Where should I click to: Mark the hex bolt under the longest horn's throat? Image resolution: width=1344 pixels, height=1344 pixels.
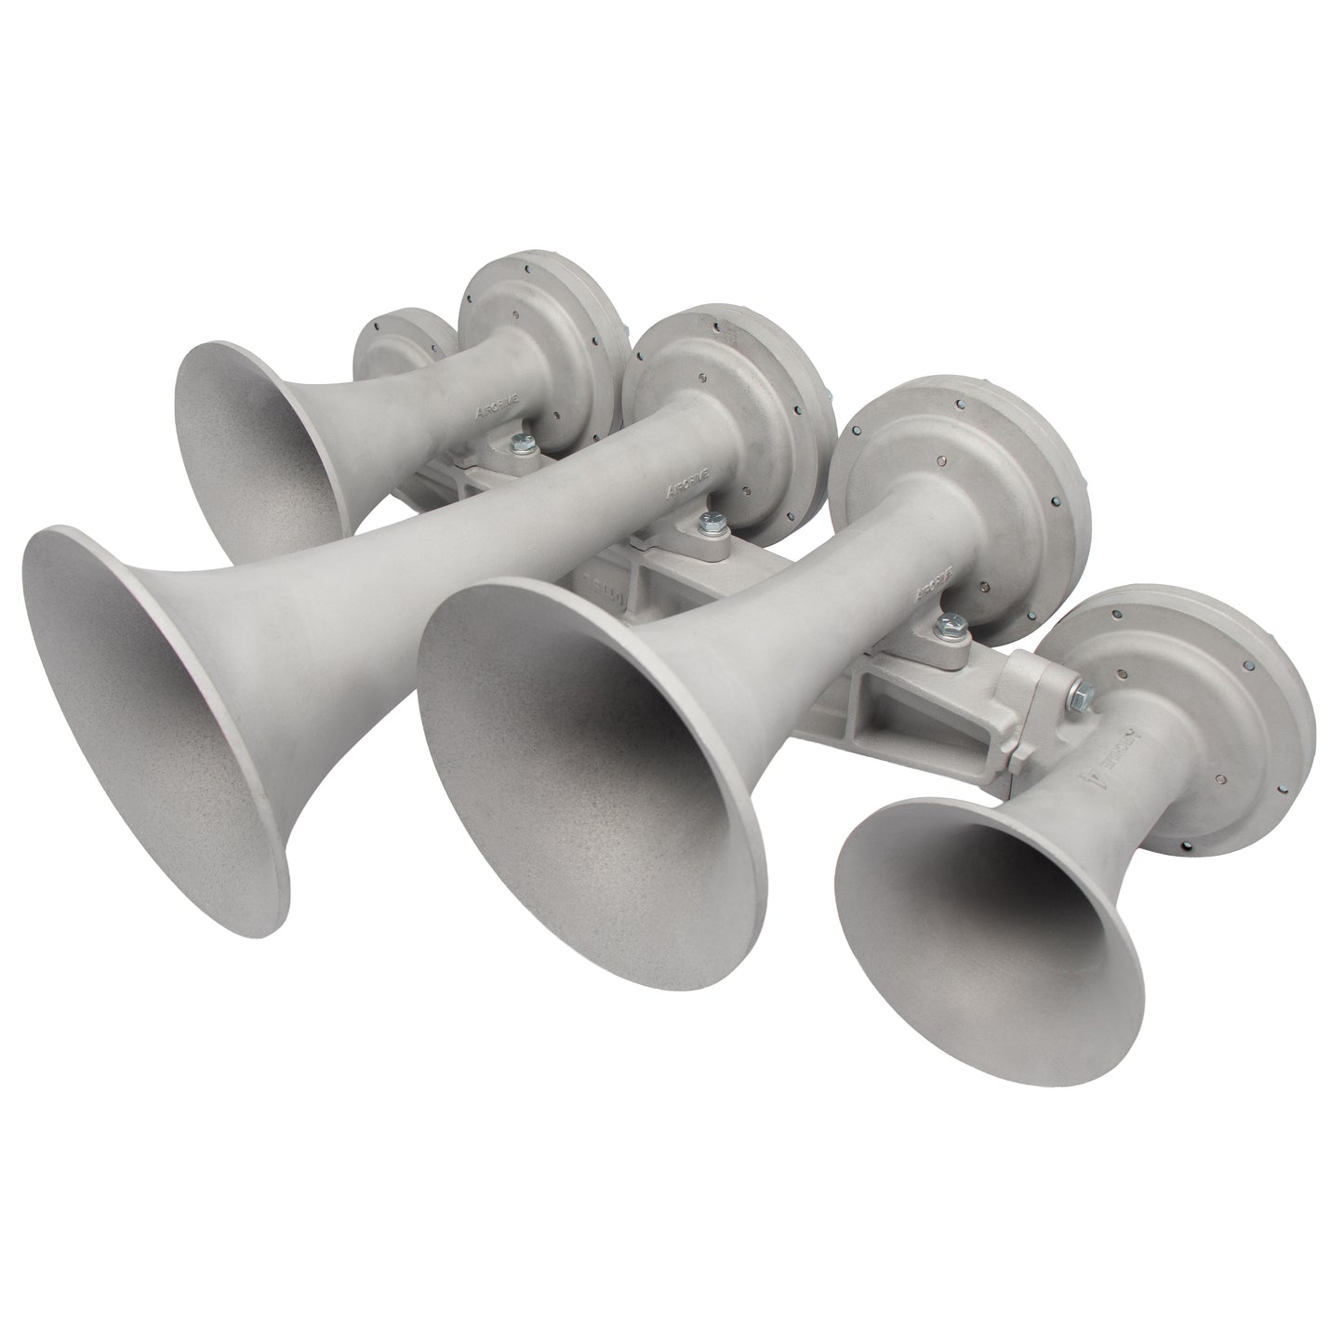(x=713, y=524)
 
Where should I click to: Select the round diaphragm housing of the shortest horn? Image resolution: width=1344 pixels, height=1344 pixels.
(x=1209, y=707)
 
